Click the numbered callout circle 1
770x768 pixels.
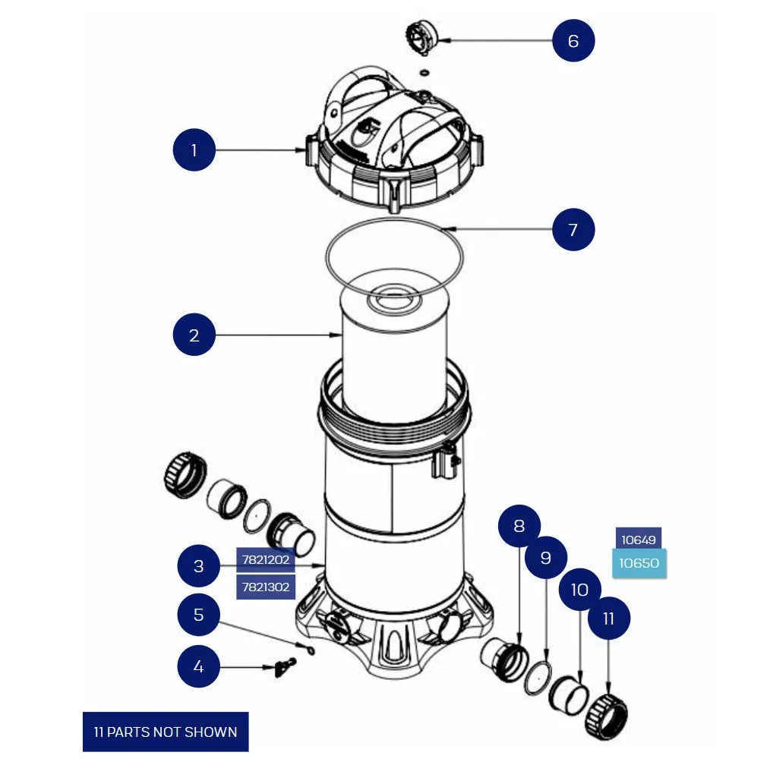coord(194,150)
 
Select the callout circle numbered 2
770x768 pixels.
coord(194,335)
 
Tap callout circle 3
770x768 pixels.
coord(199,566)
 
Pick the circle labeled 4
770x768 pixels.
coord(199,666)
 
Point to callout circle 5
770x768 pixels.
coord(199,614)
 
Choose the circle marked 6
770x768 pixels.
coord(573,40)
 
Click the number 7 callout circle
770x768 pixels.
coord(573,228)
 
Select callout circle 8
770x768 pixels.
coord(519,525)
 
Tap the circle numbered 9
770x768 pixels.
coord(545,558)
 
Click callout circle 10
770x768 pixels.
coord(579,590)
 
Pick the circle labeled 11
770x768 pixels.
coord(608,618)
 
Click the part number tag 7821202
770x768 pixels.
coord(265,560)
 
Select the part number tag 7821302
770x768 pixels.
coord(265,587)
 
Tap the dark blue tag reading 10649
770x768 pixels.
coord(638,540)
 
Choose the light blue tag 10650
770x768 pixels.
coord(639,563)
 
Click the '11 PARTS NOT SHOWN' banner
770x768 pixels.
coord(166,732)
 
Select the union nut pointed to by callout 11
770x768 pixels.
coord(607,716)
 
